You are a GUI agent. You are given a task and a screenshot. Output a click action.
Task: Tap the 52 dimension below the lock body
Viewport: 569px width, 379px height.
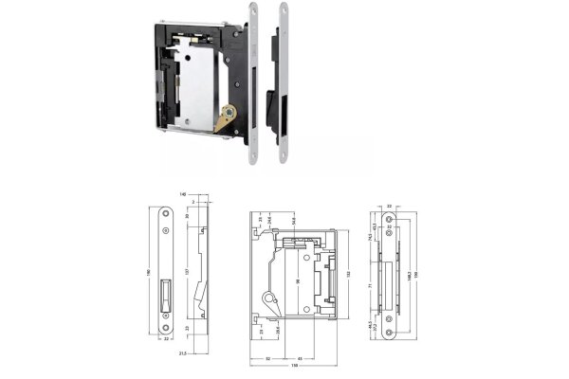269,357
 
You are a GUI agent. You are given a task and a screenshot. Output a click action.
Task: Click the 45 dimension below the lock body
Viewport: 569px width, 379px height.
301,357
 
